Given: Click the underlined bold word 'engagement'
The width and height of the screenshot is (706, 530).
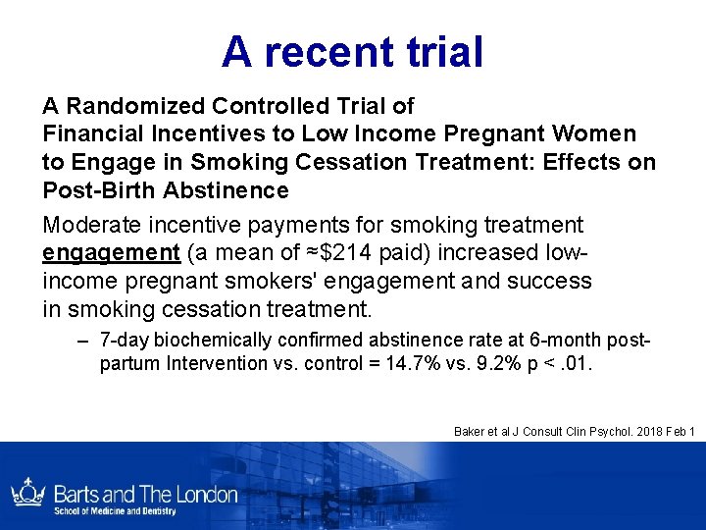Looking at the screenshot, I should tap(111, 253).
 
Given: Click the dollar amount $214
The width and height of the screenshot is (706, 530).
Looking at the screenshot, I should tap(356, 253).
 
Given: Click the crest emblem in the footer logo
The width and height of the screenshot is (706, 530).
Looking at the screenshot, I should tap(25, 493).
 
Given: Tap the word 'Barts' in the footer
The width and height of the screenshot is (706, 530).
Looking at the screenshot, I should tap(79, 494).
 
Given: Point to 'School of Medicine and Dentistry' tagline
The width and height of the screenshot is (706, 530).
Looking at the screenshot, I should tap(114, 511).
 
